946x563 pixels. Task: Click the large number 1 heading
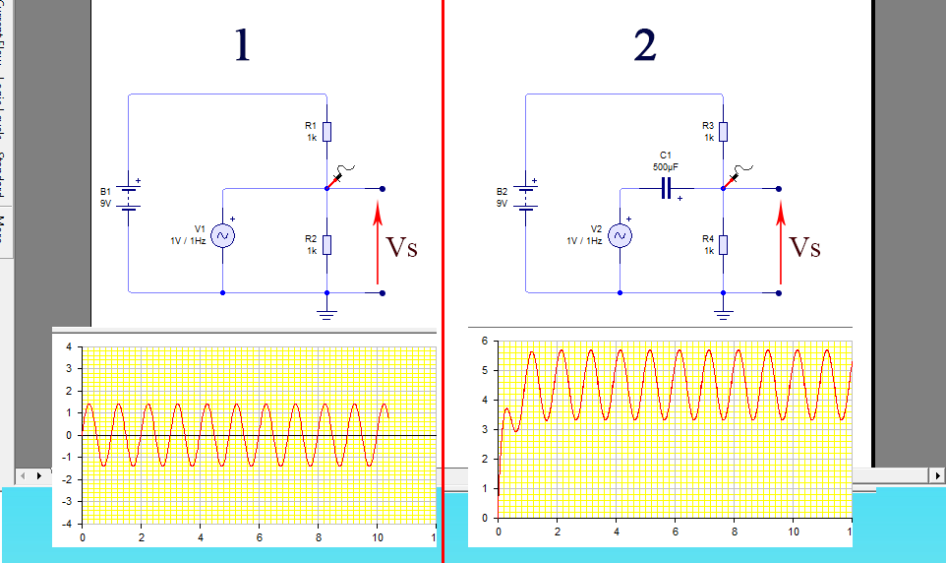point(242,46)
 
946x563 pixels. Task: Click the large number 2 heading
point(645,46)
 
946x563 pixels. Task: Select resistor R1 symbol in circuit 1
point(326,132)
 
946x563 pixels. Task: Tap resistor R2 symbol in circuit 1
point(326,244)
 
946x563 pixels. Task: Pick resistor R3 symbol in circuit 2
point(723,132)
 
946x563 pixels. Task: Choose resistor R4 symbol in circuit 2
point(723,244)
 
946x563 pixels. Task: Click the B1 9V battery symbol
point(129,196)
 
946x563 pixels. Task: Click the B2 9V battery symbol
point(526,196)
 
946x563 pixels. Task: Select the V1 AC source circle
point(222,235)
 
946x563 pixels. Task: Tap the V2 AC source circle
point(620,235)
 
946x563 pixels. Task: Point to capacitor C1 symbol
point(667,188)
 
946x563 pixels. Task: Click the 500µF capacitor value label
point(666,166)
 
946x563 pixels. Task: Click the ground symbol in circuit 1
point(326,313)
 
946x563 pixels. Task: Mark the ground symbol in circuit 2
point(723,313)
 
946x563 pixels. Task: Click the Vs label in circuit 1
point(401,247)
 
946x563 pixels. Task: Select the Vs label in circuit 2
point(805,247)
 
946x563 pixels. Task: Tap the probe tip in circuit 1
point(328,186)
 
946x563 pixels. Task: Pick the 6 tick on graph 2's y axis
point(484,341)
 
